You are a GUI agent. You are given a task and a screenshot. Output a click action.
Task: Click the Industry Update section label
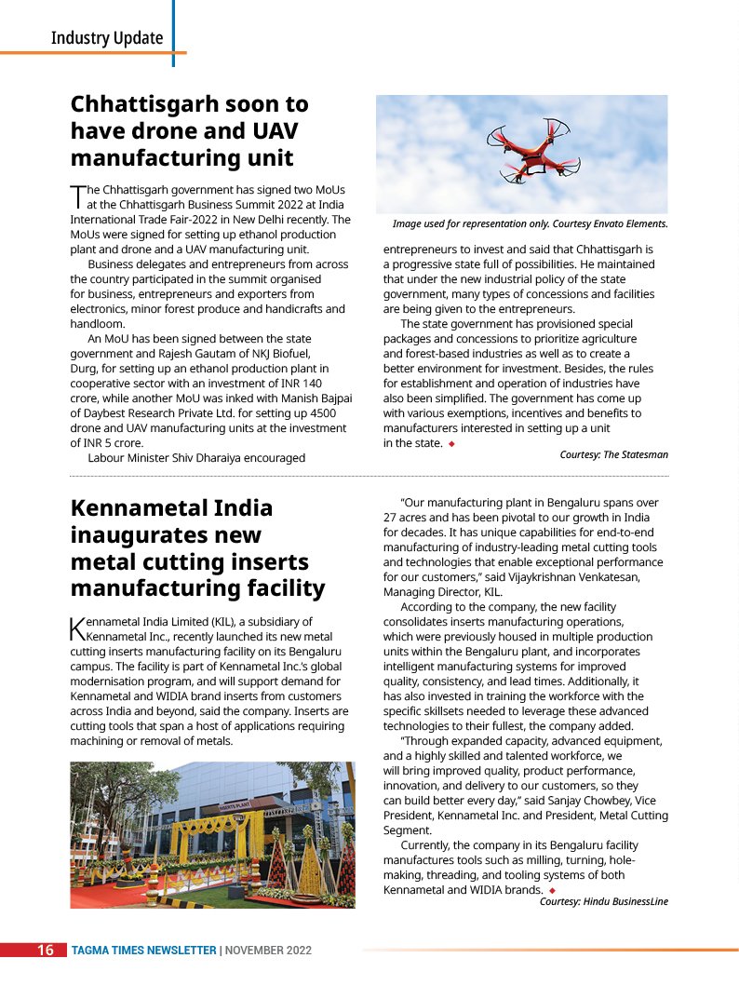pos(106,38)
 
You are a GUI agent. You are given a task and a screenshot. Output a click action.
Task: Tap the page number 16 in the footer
pos(45,951)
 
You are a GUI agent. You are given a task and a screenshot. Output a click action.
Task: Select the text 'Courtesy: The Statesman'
pos(613,454)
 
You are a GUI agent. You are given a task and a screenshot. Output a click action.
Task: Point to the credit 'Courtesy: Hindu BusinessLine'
pos(603,901)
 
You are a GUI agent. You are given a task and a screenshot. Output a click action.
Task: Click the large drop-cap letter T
pos(78,196)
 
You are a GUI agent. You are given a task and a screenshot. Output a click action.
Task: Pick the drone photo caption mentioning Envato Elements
pos(530,224)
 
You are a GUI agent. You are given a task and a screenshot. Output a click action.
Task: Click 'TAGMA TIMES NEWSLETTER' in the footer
pos(144,951)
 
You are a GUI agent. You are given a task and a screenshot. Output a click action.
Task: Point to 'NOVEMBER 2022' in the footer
pos(268,951)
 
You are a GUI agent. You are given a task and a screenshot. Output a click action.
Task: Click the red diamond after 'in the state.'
pos(451,444)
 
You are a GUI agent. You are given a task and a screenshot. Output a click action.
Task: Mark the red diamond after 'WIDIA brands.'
pos(552,891)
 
